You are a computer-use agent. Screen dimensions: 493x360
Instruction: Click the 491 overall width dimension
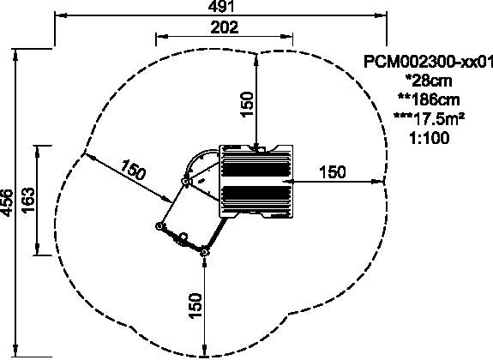click(221, 6)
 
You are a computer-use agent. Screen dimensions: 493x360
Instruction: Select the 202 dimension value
click(225, 27)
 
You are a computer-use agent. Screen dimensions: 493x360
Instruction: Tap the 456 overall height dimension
click(7, 203)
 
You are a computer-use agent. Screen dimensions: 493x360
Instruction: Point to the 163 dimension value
click(28, 200)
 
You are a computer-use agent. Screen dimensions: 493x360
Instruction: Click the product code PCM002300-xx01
click(428, 62)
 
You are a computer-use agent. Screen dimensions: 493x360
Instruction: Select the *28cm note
click(429, 81)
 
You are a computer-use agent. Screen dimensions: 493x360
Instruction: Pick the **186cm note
click(429, 99)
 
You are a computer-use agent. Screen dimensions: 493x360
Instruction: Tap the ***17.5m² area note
click(429, 119)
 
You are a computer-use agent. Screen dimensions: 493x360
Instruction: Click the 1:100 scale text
click(429, 138)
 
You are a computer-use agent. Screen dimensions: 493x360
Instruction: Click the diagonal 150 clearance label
click(133, 170)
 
